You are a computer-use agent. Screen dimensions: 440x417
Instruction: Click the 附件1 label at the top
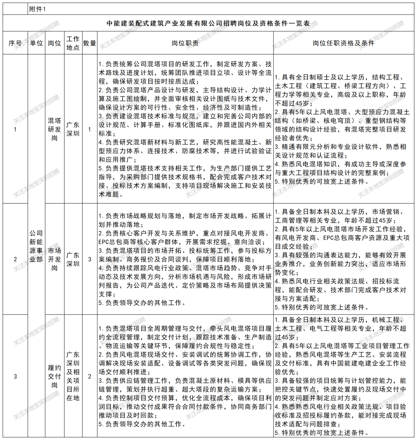click(x=37, y=10)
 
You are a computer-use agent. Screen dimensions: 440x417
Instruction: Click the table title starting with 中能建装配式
click(x=208, y=24)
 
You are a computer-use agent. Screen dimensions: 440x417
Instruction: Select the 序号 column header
click(x=15, y=43)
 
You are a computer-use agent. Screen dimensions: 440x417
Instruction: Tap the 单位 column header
click(x=36, y=43)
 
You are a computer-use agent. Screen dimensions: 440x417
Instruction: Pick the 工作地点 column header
click(x=73, y=43)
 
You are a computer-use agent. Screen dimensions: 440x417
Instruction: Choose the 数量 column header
click(x=90, y=43)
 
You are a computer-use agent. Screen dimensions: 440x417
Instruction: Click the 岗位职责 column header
click(x=185, y=43)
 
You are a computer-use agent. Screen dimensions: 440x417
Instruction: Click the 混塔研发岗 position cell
click(x=54, y=129)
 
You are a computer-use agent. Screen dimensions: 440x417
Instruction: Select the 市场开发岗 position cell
click(x=54, y=259)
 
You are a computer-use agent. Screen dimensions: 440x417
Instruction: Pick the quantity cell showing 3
click(x=90, y=259)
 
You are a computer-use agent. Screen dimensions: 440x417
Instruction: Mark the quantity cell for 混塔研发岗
click(x=90, y=129)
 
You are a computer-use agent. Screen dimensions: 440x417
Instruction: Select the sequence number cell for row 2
click(x=15, y=259)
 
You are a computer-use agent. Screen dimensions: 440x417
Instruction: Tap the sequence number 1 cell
click(x=15, y=129)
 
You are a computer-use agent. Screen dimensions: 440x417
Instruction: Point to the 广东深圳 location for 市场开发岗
click(x=73, y=259)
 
